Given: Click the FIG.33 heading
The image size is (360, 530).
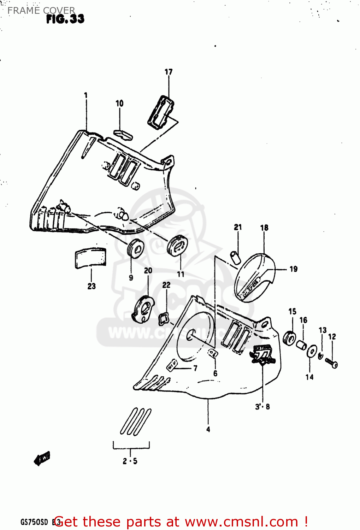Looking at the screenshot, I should pos(65,19).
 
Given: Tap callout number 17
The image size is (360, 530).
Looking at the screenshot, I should pos(169,72).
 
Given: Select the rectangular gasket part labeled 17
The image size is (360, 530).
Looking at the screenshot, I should pos(161,112).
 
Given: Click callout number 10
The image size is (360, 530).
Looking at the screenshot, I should pos(119,103).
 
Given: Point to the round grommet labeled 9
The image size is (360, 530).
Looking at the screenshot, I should pos(135,249).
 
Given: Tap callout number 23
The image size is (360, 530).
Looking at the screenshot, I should pos(92,286).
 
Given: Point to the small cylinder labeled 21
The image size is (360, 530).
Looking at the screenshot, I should pos(236,257).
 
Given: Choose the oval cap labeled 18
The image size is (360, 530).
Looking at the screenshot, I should pos(254,277).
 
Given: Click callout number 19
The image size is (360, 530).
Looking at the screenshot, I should pos(294,269).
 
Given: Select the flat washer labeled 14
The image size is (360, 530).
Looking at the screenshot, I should pos(312,352).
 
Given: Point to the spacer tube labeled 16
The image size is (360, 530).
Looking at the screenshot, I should pos(301,344).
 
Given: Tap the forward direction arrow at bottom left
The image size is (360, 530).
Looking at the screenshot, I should pos(42,458).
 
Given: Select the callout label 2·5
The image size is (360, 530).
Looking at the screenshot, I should pos(130,461).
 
